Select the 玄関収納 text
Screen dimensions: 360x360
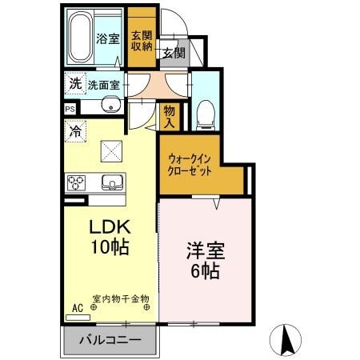tap(142, 41)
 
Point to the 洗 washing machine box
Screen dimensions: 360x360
tap(74, 82)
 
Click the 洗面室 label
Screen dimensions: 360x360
tap(104, 84)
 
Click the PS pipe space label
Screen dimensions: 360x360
tap(70, 109)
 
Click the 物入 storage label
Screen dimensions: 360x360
tap(170, 117)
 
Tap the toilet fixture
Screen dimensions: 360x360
tap(204, 114)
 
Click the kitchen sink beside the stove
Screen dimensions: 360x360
tap(111, 183)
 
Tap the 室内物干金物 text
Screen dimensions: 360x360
tap(120, 298)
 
